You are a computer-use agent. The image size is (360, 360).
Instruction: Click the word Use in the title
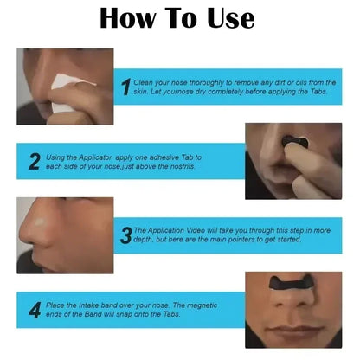pyautogui.click(x=222, y=19)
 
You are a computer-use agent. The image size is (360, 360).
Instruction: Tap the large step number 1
pyautogui.click(x=126, y=86)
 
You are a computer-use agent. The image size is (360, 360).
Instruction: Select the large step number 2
pyautogui.click(x=35, y=161)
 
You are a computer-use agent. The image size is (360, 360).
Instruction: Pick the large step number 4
pyautogui.click(x=35, y=310)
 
